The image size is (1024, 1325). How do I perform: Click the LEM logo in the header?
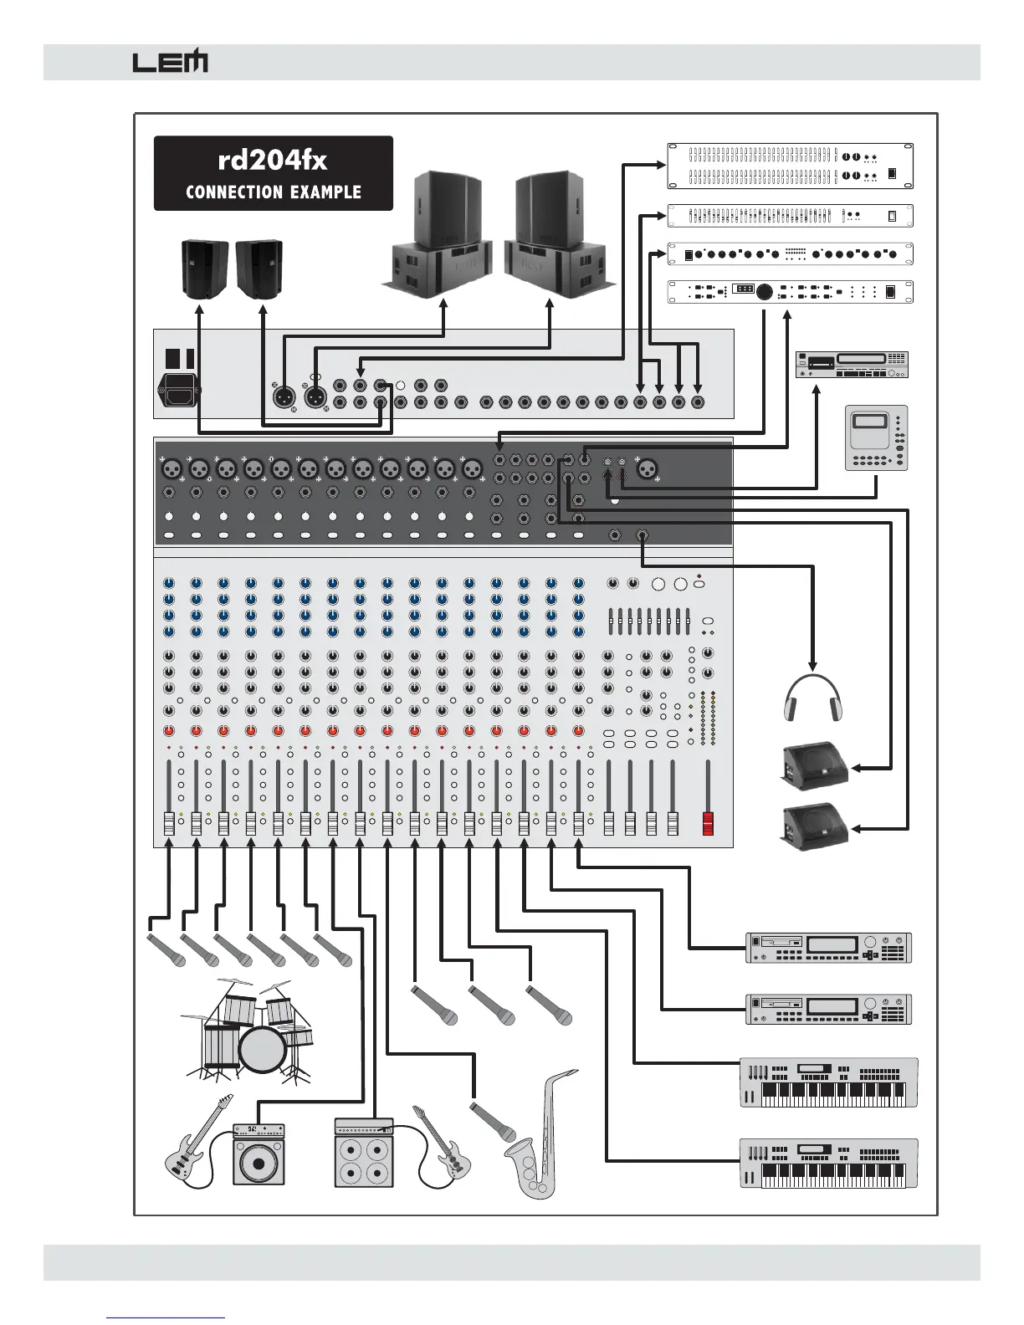(x=170, y=63)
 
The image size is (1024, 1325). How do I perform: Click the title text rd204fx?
(x=273, y=159)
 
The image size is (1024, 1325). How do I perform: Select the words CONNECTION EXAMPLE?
(x=273, y=192)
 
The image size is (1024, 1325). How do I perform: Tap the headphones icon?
(x=812, y=698)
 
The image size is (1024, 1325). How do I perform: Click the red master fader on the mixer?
(x=709, y=823)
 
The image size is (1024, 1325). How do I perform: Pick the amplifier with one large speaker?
(x=259, y=1154)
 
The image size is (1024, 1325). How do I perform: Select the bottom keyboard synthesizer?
(x=828, y=1163)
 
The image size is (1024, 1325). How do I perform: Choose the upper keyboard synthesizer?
(x=828, y=1082)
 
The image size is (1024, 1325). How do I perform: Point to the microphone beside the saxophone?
(x=494, y=1122)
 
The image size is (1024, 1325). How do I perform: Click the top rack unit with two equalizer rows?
(x=790, y=166)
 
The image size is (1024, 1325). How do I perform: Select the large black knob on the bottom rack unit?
(x=765, y=292)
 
